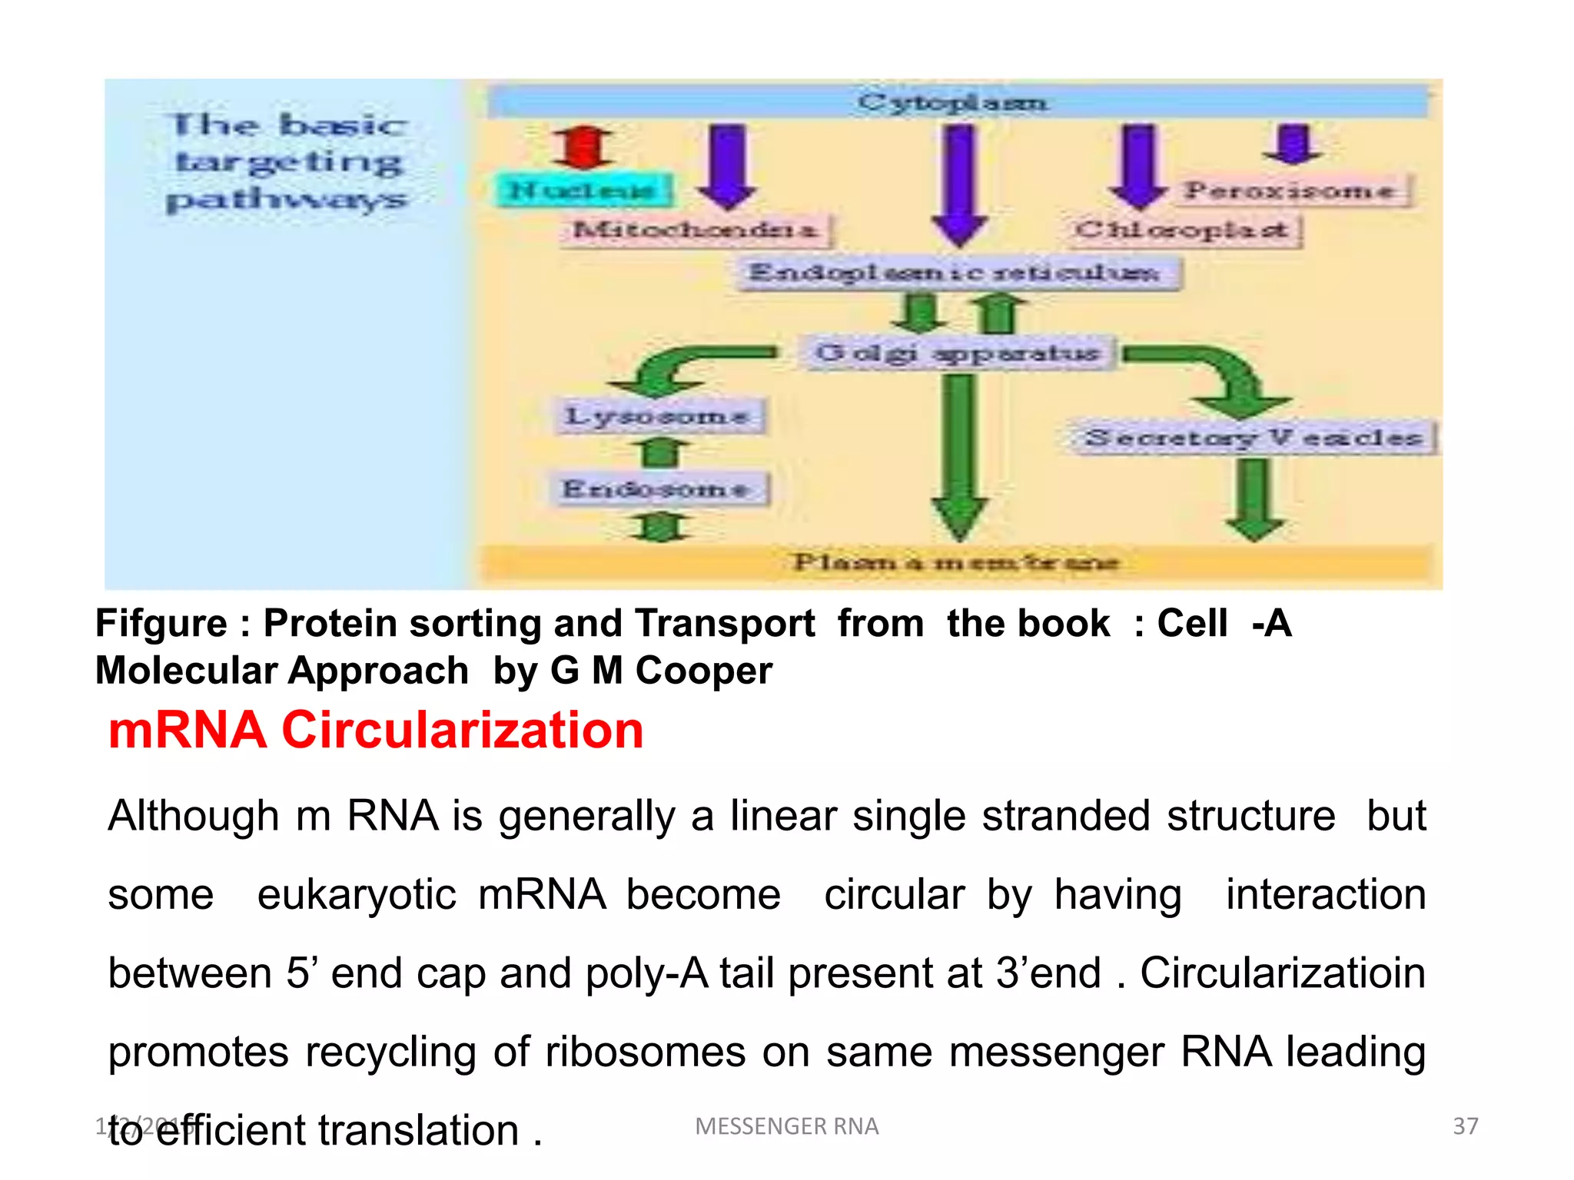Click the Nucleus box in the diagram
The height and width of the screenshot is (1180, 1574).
(x=584, y=189)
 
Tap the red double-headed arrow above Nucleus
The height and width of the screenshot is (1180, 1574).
(x=583, y=147)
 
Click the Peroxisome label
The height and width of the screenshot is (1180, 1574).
(x=1291, y=190)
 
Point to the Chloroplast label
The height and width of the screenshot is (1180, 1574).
(x=1182, y=230)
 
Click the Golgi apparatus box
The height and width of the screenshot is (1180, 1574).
(x=958, y=353)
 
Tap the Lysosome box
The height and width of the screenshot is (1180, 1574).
(x=658, y=416)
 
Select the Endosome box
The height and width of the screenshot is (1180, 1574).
(x=658, y=489)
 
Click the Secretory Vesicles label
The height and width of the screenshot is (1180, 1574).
(x=1254, y=437)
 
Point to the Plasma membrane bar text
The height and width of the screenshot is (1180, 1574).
(x=956, y=562)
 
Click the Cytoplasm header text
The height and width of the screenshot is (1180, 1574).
(x=953, y=102)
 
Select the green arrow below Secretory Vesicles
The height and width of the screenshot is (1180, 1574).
(x=1255, y=499)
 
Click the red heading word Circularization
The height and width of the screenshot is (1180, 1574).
(x=463, y=730)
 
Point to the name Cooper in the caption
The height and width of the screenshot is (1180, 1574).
(x=704, y=671)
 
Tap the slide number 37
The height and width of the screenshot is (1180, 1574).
(x=1465, y=1126)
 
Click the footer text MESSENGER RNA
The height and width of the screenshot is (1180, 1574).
(x=786, y=1126)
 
